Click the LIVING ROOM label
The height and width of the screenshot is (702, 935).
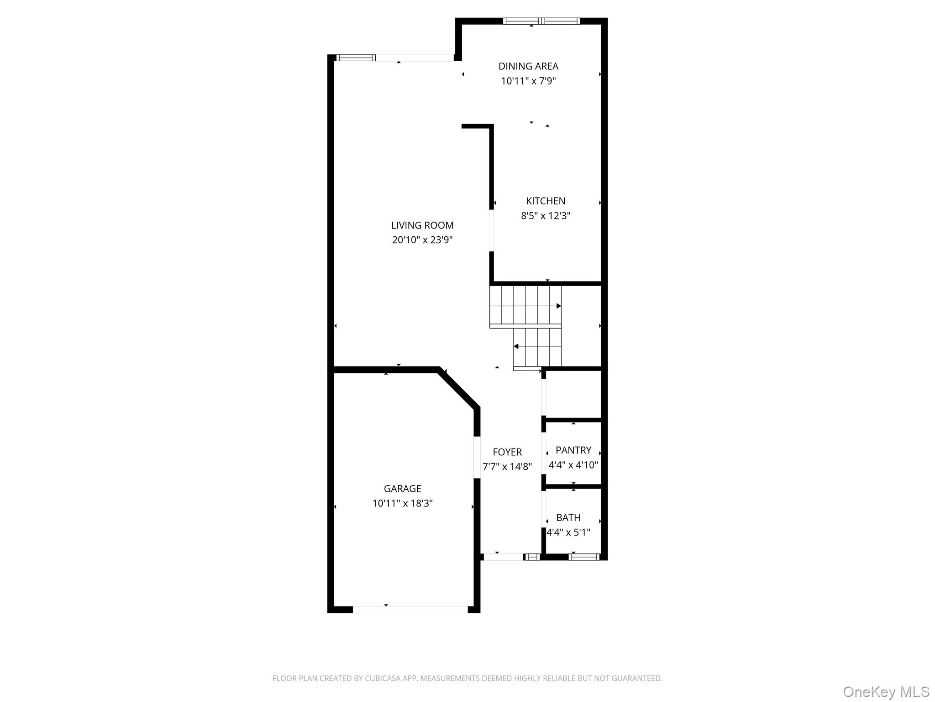[422, 225]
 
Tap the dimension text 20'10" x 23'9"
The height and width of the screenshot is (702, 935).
[422, 240]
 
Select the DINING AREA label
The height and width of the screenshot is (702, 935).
[528, 66]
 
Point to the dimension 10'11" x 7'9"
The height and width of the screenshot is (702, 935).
[528, 81]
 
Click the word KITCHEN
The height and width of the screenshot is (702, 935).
[546, 201]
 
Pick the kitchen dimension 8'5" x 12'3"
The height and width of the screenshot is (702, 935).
[546, 216]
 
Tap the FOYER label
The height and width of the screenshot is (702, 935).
[507, 452]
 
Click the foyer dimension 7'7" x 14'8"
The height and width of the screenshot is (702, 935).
[507, 467]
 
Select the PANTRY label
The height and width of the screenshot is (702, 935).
[573, 450]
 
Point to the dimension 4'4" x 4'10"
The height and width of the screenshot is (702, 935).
[573, 465]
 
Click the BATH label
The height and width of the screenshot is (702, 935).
[568, 518]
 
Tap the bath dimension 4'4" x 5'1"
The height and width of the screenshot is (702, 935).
[568, 532]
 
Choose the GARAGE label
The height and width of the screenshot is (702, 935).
[402, 489]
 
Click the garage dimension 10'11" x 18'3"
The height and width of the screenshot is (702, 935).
[402, 503]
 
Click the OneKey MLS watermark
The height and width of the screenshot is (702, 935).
[886, 692]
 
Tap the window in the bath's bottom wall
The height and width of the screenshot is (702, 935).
[584, 557]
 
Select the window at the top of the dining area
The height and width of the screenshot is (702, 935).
[541, 21]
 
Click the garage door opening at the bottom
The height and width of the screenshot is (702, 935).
[410, 609]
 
